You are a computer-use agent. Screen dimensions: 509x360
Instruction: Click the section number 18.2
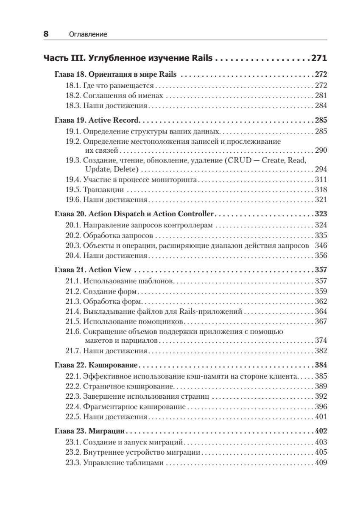[73, 95]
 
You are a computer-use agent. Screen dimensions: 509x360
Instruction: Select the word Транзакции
[103, 189]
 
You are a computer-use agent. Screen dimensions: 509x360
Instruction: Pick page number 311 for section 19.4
[321, 179]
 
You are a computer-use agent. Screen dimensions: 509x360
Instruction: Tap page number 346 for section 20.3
[321, 245]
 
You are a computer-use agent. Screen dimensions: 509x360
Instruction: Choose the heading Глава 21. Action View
[93, 269]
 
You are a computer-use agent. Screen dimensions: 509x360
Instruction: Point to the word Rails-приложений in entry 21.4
[210, 311]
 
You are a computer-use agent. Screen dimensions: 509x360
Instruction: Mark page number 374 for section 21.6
[321, 340]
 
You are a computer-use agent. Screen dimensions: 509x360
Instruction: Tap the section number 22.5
[73, 417]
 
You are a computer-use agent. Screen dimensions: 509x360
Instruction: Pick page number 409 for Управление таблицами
[321, 463]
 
